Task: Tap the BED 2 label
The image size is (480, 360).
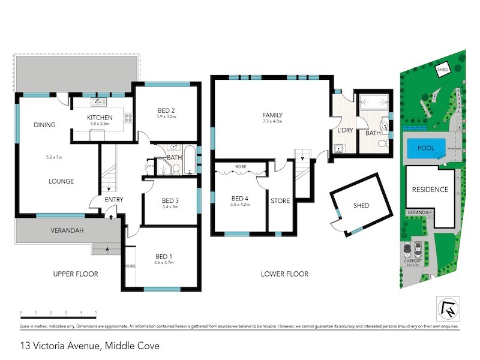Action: (x=166, y=110)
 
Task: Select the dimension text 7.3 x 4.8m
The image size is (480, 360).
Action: (x=272, y=122)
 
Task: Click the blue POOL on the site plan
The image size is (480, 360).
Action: (x=426, y=147)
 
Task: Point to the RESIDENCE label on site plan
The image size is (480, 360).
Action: (x=430, y=190)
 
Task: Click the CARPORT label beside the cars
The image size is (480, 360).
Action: (x=413, y=262)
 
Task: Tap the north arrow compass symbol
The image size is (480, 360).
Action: (x=447, y=308)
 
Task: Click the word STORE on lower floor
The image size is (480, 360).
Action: (x=280, y=201)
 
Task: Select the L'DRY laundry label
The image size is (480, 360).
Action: (x=345, y=130)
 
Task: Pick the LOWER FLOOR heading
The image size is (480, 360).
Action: (x=284, y=274)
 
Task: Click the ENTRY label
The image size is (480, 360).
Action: (x=114, y=199)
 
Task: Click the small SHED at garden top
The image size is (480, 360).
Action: (x=443, y=70)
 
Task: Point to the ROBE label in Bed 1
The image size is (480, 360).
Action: (x=130, y=265)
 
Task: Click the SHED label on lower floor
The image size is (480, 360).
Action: (x=361, y=206)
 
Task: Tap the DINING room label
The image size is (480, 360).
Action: (x=44, y=125)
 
